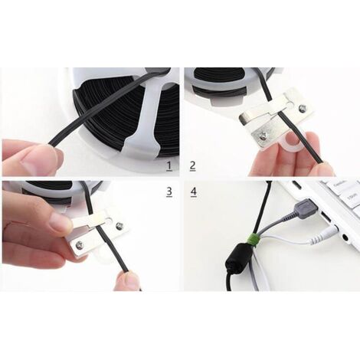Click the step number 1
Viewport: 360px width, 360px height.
pos(169,165)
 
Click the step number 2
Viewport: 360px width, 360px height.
pos(192,165)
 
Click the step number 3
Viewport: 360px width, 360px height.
pos(169,191)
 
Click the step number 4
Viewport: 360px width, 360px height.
pos(192,191)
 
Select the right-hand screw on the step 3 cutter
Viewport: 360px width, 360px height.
pos(119,226)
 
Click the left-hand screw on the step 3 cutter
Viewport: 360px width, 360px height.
pos(79,246)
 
